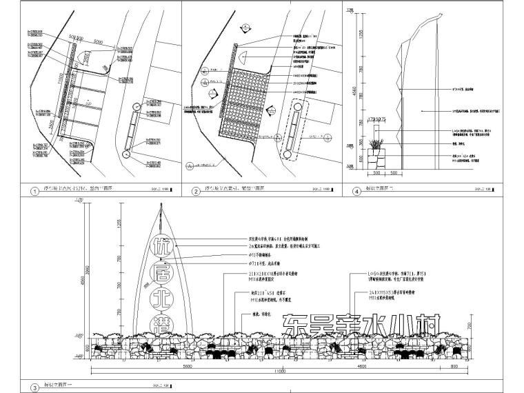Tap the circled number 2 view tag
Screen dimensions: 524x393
pos(196,192)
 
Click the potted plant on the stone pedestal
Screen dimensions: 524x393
pos(376,146)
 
